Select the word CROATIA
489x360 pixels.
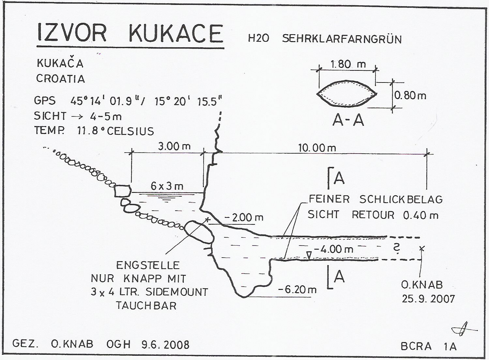[x=60, y=79]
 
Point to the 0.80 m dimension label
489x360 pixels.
[x=410, y=95]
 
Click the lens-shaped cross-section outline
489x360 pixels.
[x=347, y=94]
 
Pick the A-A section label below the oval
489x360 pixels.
[x=348, y=120]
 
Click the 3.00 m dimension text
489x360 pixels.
[x=174, y=146]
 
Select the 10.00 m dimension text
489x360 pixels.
[x=317, y=148]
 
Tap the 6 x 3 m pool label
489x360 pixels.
[x=167, y=186]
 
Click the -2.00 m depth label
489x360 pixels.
[x=245, y=217]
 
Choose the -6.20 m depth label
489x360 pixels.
[x=298, y=289]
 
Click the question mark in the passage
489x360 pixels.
[x=397, y=249]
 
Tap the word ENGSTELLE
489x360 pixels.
[x=148, y=265]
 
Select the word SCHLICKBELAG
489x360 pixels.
[x=401, y=199]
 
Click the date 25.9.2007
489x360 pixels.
[x=428, y=298]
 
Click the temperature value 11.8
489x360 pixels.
[x=88, y=131]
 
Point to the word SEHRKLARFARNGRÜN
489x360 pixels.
[x=342, y=39]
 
